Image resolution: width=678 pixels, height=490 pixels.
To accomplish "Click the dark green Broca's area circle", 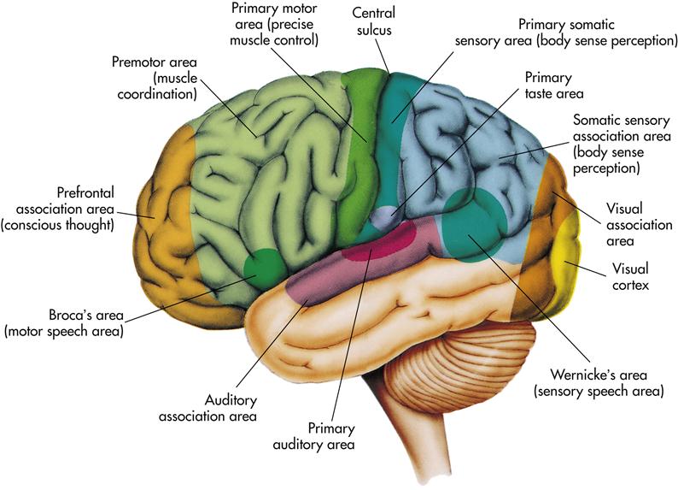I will click(263, 269).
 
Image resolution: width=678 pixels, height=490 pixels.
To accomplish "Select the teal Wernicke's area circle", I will click(475, 225).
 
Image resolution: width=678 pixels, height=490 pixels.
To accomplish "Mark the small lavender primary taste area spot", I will click(385, 216).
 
